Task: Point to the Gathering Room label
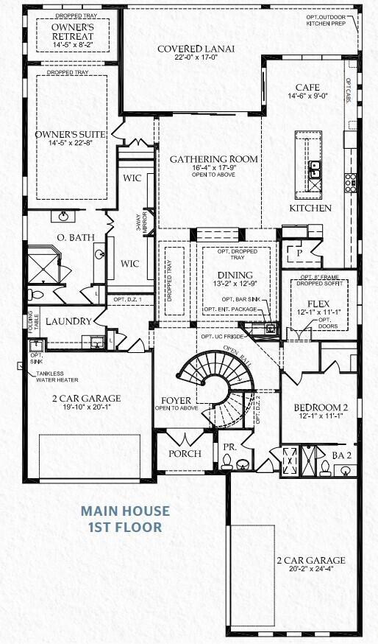pos(214,158)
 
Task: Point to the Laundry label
pos(68,322)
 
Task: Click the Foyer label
pos(176,401)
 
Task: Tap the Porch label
pos(185,453)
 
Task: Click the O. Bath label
pos(73,237)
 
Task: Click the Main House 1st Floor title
pos(125,518)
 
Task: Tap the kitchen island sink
pos(314,169)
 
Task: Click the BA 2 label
pos(342,456)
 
